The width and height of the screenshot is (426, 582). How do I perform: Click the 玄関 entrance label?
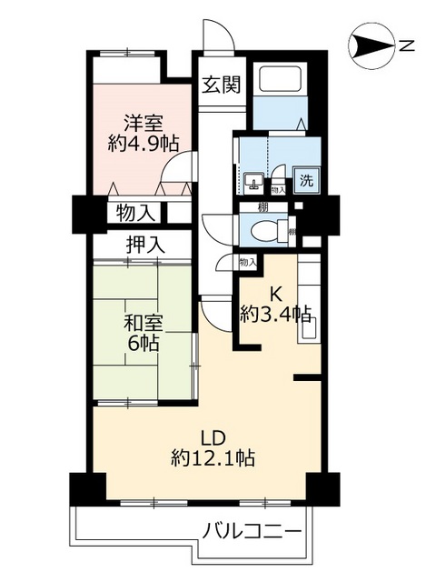tap(220, 86)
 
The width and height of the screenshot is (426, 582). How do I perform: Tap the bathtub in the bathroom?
tap(280, 80)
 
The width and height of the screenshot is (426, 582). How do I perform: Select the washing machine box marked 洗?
tap(306, 180)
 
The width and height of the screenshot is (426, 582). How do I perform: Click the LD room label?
tap(212, 435)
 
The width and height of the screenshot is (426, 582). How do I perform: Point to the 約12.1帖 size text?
tap(213, 457)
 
